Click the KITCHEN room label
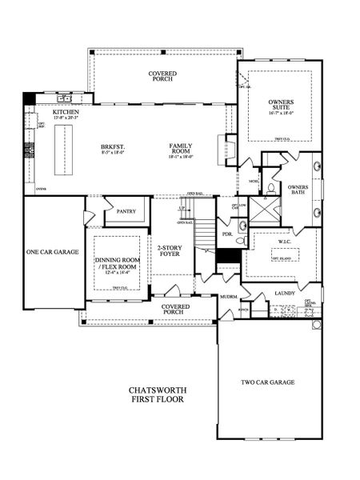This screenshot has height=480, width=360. tap(66, 113)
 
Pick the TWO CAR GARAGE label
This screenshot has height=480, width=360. tap(268, 382)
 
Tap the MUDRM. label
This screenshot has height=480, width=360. tap(230, 297)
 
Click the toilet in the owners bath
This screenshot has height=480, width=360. tap(271, 189)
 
